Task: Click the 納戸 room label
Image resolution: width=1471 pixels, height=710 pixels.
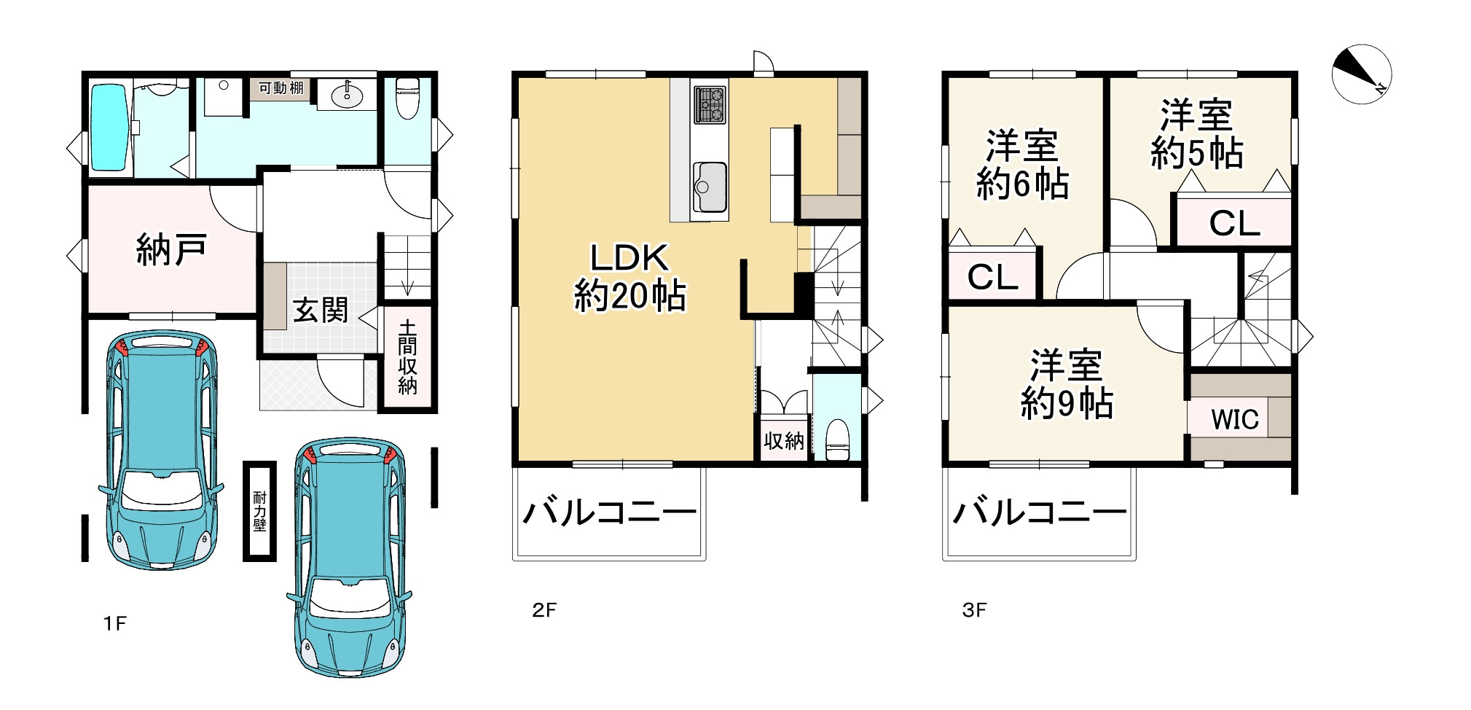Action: click(172, 250)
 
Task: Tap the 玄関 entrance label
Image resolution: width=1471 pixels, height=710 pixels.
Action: click(321, 311)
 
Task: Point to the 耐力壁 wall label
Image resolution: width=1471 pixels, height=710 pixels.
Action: click(259, 511)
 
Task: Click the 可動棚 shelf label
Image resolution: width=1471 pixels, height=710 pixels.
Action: click(281, 88)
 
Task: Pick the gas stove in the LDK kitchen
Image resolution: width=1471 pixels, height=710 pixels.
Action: click(710, 104)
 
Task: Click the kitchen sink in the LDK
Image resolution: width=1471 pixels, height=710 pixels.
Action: click(709, 187)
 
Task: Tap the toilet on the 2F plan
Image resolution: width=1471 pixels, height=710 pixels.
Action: click(838, 440)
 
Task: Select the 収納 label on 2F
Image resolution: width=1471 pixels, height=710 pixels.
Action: click(784, 441)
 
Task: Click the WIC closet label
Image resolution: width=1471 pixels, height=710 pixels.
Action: click(1235, 419)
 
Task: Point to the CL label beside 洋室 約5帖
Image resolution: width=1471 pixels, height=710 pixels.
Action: click(1234, 224)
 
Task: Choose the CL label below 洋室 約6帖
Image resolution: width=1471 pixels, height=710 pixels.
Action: click(992, 277)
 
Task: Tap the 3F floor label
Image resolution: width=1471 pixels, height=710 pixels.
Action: click(975, 610)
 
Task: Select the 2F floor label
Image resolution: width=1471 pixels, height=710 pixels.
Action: click(544, 610)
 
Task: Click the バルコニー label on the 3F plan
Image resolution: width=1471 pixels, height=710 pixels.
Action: click(1040, 513)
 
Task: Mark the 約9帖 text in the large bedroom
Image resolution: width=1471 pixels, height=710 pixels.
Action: click(1067, 403)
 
